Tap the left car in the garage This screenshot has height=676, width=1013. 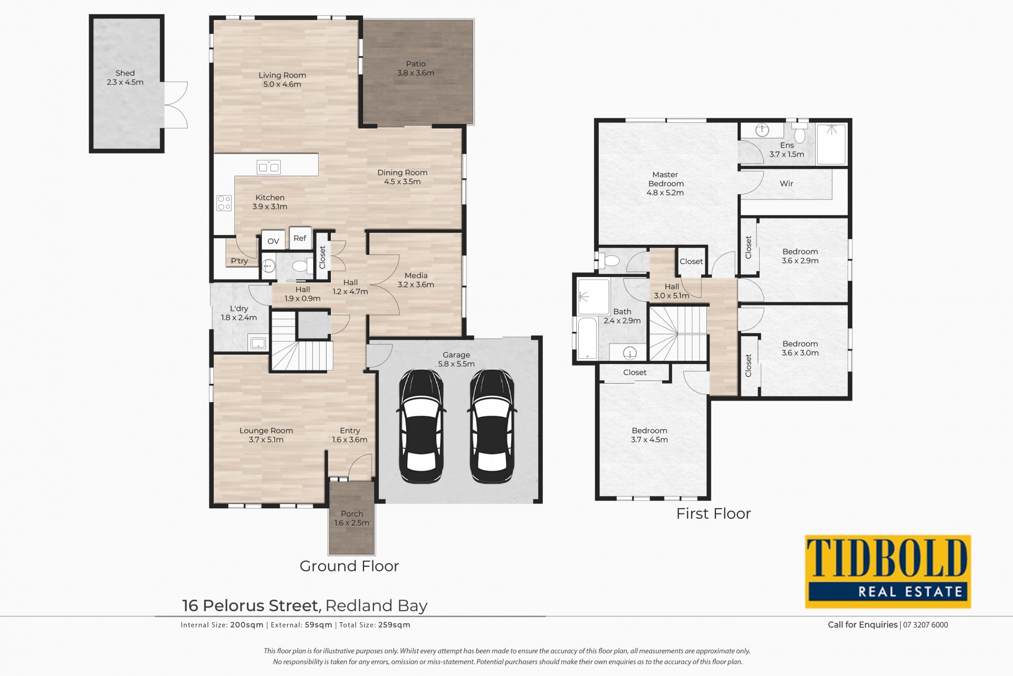421,426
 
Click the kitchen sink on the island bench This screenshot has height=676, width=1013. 269,167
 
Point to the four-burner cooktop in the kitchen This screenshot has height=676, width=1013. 224,203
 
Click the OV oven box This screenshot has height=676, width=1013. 273,241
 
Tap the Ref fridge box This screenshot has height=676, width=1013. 300,238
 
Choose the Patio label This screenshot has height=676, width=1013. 416,64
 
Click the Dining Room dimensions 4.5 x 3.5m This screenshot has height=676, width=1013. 403,182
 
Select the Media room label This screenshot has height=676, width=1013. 416,275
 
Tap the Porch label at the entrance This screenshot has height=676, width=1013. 352,513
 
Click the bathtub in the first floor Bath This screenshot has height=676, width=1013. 587,338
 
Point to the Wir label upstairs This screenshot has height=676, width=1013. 787,184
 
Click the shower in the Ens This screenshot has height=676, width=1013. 831,144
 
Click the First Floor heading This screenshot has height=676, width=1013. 713,513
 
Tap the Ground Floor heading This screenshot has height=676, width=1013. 349,566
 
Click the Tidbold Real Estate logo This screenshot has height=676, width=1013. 888,572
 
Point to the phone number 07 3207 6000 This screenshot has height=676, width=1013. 925,625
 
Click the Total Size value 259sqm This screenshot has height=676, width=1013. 394,625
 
